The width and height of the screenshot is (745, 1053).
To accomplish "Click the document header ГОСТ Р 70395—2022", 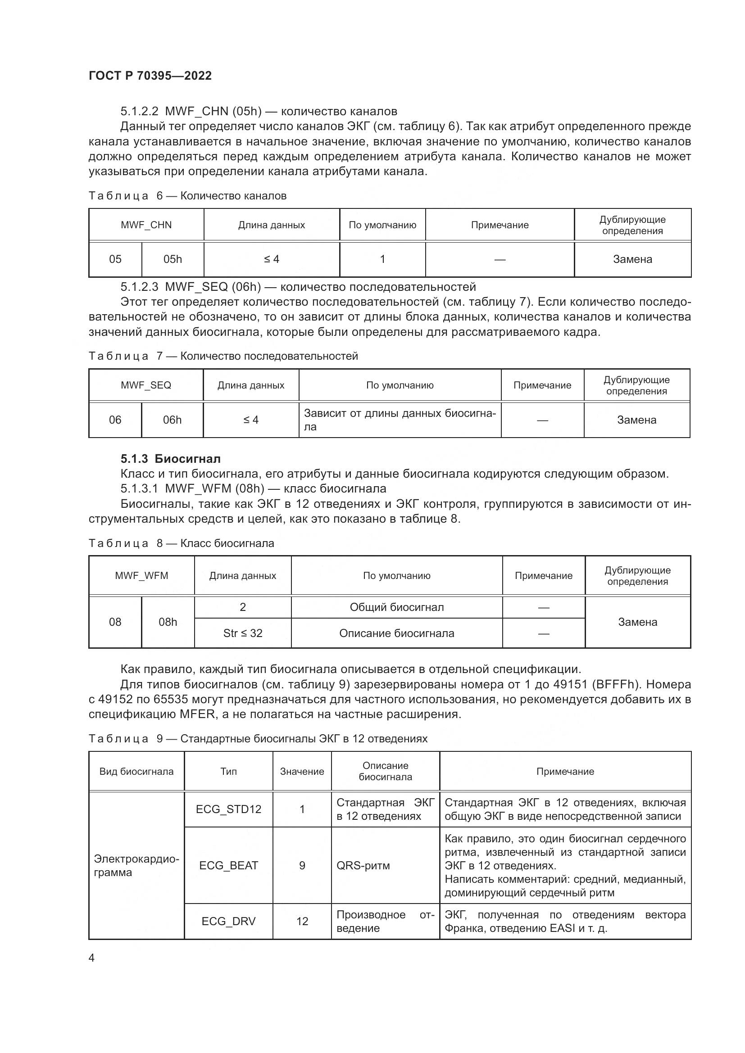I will [150, 76].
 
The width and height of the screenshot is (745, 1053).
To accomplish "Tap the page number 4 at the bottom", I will [91, 958].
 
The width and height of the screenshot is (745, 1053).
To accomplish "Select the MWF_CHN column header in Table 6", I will [146, 225].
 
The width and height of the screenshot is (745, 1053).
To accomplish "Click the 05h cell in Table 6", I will [173, 259].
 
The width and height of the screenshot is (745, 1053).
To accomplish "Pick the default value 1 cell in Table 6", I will [382, 259].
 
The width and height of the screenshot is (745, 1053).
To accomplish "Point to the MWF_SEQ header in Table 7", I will [146, 385].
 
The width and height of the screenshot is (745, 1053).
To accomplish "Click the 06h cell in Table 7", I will [172, 420].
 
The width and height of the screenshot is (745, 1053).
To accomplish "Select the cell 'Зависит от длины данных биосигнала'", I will [399, 420].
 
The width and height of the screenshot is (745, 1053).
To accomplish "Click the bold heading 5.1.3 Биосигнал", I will [170, 459].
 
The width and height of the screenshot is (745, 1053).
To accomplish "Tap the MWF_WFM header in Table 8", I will [141, 576].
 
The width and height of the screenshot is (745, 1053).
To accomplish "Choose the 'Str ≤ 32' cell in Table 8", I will [243, 633].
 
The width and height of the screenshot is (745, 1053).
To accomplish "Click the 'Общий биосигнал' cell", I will [396, 607].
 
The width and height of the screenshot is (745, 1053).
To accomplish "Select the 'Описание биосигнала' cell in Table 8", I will [396, 633].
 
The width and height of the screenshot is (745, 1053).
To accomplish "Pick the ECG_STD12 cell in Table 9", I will [228, 809].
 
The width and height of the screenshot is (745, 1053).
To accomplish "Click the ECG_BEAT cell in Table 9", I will [228, 865].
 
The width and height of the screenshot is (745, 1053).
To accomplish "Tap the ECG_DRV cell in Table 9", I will [228, 922].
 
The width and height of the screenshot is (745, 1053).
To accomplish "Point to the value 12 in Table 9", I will [302, 922].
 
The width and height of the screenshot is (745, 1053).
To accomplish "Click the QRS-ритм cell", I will [363, 865].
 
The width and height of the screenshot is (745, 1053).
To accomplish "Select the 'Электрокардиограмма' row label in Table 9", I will [136, 865].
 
